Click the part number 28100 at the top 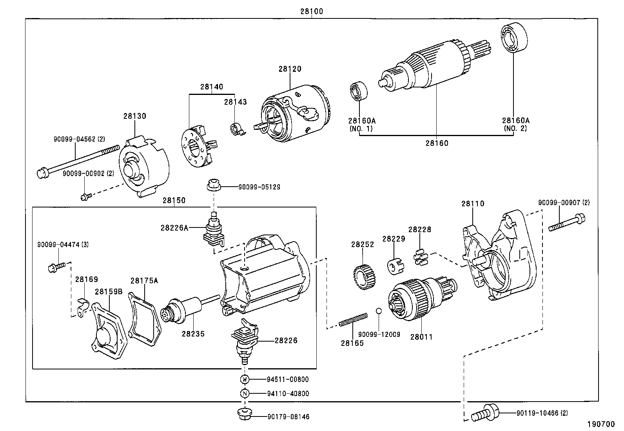(x=312, y=11)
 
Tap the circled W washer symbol (x=245, y=379)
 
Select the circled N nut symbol (x=245, y=393)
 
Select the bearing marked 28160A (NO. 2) (x=513, y=36)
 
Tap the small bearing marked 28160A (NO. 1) (x=358, y=91)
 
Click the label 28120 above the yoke (x=290, y=69)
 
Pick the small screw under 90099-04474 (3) (x=55, y=268)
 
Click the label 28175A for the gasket (x=144, y=280)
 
